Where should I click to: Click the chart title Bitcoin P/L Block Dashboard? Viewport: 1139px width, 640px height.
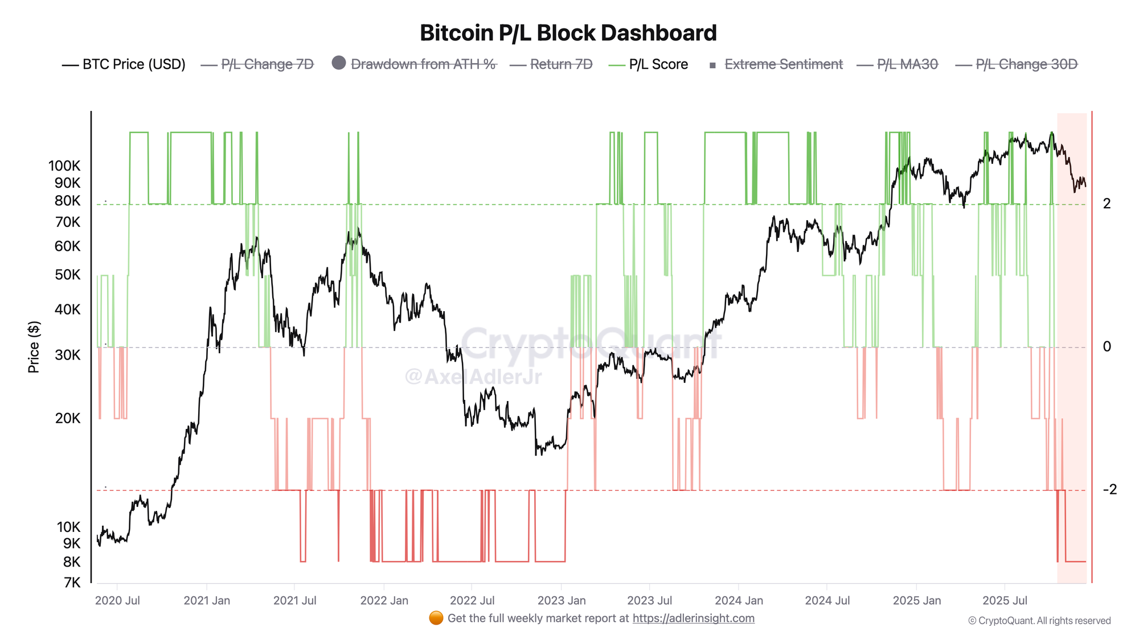(568, 33)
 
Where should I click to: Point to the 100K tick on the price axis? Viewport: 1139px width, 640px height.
(64, 166)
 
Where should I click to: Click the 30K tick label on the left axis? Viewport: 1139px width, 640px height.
(68, 355)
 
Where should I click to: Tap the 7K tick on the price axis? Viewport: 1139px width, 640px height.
(72, 583)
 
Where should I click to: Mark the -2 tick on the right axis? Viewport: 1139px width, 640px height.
(1109, 489)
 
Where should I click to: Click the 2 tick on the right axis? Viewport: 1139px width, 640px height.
(1107, 204)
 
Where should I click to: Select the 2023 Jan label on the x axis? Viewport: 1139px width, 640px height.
(561, 601)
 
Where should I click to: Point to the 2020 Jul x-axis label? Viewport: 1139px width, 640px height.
(117, 601)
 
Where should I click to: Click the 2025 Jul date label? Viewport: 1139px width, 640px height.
(1005, 601)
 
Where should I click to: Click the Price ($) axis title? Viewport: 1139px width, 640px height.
(34, 347)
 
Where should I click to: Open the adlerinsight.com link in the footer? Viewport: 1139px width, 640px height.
(693, 618)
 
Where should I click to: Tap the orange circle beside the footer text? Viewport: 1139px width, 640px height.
(436, 618)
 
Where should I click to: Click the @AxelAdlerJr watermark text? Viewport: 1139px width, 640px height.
(473, 377)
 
